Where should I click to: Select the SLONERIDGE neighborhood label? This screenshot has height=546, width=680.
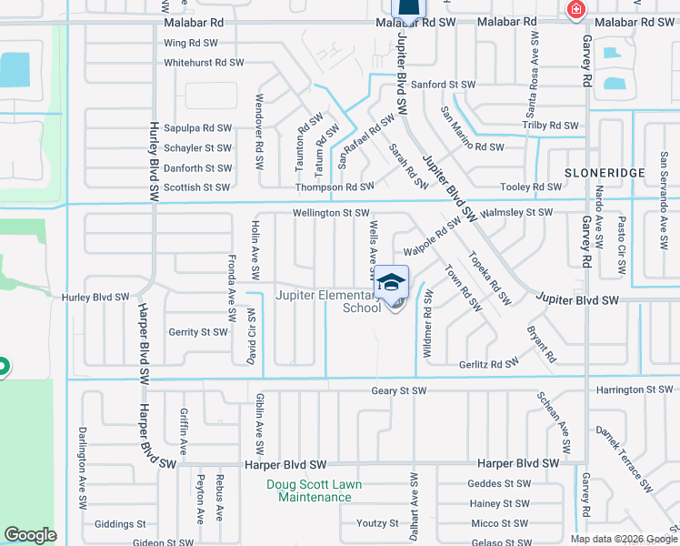click(605, 172)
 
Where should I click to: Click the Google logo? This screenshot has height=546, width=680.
click(30, 535)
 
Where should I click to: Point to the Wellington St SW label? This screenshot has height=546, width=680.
click(330, 213)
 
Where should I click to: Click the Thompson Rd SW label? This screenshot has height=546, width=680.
click(335, 187)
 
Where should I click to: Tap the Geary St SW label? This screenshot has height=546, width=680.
click(399, 390)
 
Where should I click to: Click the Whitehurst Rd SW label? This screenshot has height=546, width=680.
click(204, 63)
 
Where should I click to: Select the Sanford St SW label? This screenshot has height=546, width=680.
click(444, 85)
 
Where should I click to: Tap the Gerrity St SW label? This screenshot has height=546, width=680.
click(197, 332)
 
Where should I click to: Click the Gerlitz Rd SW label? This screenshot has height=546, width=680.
click(488, 361)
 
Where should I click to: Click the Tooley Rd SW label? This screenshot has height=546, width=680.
click(531, 187)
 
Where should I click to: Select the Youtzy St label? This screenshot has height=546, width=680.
click(377, 523)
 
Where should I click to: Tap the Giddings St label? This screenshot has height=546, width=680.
click(120, 524)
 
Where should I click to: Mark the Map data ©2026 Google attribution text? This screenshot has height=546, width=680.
click(623, 539)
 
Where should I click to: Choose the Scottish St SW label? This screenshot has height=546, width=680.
click(196, 187)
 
